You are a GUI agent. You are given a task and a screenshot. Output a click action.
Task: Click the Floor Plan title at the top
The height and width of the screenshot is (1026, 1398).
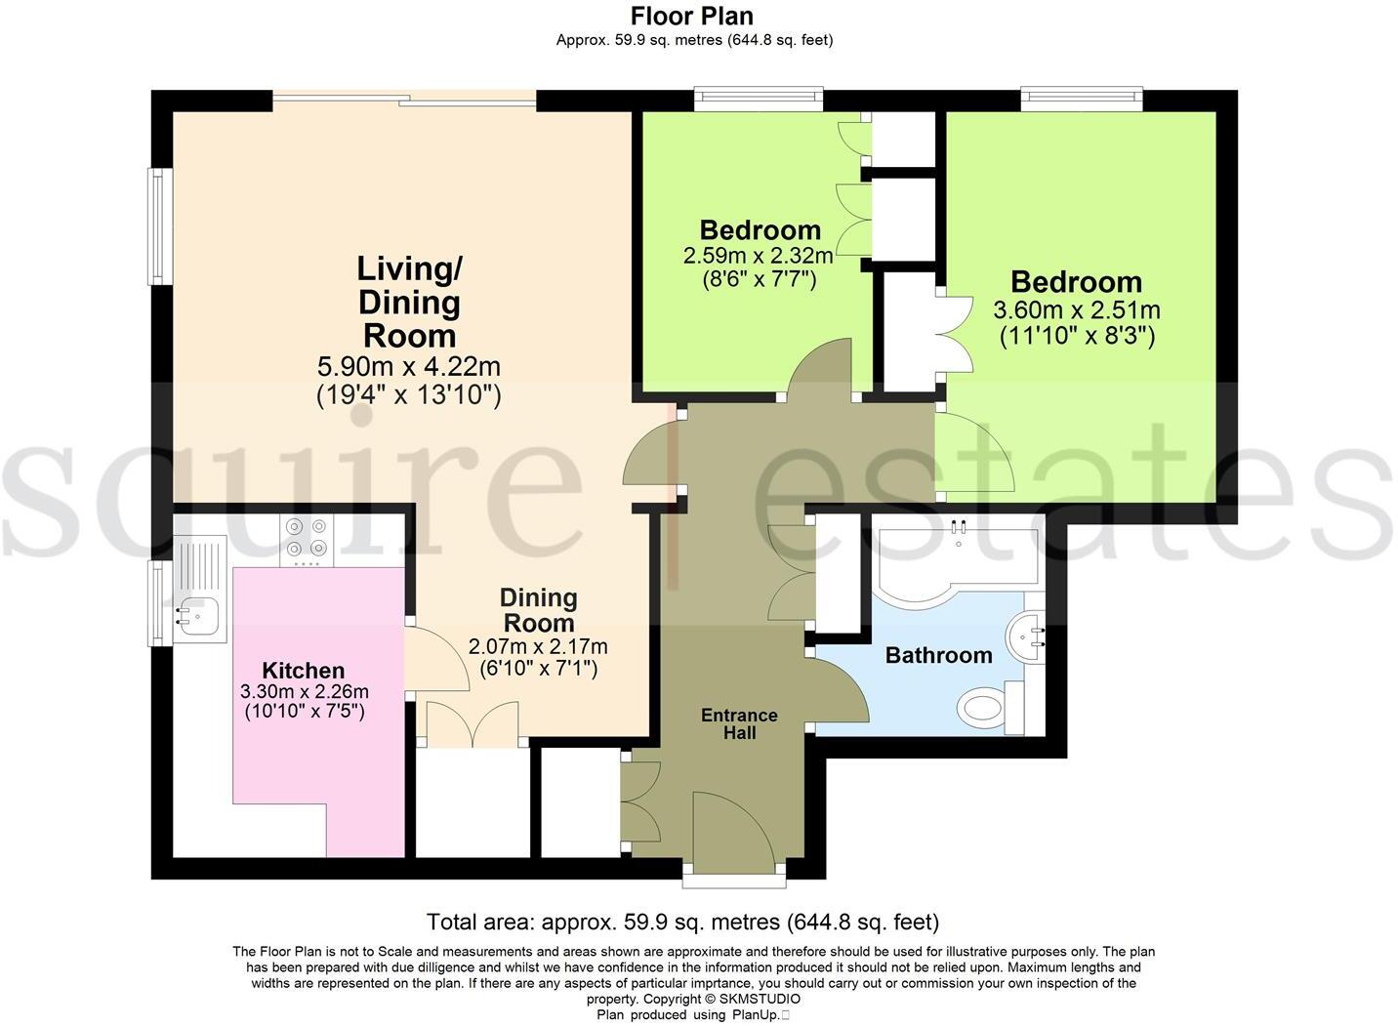[691, 16]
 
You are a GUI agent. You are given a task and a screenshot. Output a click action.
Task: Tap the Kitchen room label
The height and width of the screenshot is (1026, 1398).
[304, 671]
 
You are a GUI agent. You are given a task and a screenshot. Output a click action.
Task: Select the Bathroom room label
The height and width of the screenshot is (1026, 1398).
[938, 655]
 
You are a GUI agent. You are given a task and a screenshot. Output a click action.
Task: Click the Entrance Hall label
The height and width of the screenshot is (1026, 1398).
[739, 723]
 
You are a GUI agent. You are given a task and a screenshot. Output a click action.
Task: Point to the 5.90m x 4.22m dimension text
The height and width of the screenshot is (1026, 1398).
[409, 367]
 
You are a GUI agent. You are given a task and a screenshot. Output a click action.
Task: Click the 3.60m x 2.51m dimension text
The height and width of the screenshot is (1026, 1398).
[1076, 310]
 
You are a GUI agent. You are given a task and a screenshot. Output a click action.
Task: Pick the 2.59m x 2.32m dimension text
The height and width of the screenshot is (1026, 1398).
[759, 256]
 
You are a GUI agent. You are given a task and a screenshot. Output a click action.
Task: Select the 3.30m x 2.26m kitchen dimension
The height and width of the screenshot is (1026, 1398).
[304, 691]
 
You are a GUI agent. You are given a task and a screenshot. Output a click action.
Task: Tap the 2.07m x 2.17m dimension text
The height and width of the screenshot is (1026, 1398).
[538, 646]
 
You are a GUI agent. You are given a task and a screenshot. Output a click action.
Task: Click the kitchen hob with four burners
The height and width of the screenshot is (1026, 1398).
[307, 539]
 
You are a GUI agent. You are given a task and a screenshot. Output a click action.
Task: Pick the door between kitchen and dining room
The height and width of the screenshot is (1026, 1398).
[428, 659]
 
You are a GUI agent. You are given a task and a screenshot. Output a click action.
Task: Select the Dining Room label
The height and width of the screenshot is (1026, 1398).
[538, 609]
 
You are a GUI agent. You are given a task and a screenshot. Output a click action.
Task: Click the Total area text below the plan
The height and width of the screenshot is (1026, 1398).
[682, 922]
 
